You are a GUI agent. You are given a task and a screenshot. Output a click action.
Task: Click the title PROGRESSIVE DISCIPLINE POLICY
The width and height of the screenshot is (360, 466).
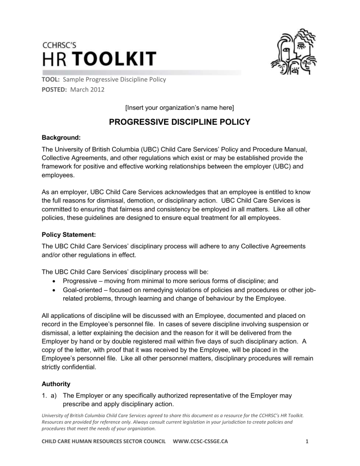point(180,124)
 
